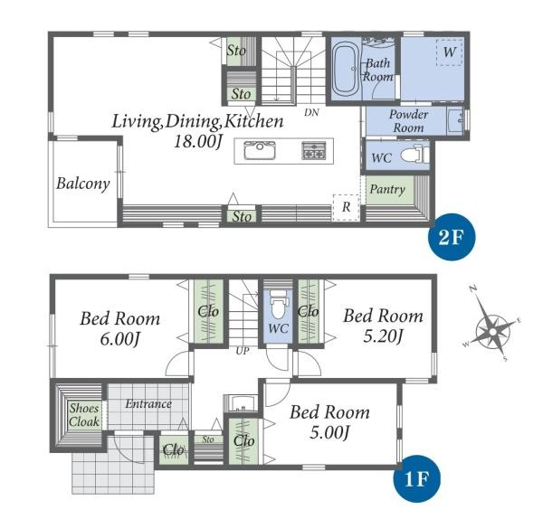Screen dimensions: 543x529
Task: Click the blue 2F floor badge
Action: (x=452, y=237)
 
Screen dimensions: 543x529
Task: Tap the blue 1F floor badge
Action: (x=417, y=478)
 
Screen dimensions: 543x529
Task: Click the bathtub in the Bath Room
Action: (x=345, y=69)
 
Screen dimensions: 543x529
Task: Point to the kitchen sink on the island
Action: (x=260, y=151)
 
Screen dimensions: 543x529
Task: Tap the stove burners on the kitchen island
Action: (x=314, y=151)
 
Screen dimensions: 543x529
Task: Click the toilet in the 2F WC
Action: (x=415, y=155)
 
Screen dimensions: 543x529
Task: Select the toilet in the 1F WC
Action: (x=278, y=304)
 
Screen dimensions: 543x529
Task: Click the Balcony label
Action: (x=83, y=184)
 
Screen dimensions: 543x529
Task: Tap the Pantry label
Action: (x=387, y=189)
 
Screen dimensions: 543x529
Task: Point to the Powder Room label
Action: (x=409, y=121)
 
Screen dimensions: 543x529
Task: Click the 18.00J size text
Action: (x=197, y=141)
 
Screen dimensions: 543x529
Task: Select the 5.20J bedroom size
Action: (x=383, y=335)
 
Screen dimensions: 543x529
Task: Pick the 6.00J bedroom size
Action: (x=119, y=338)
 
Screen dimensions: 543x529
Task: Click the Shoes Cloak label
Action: (x=84, y=415)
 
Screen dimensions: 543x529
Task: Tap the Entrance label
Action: (x=148, y=403)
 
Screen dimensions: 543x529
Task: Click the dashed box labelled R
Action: (x=347, y=208)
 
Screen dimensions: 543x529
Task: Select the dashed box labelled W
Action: (x=450, y=52)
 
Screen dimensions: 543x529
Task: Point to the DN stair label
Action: (x=311, y=112)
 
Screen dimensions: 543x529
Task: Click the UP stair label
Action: (x=243, y=351)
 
